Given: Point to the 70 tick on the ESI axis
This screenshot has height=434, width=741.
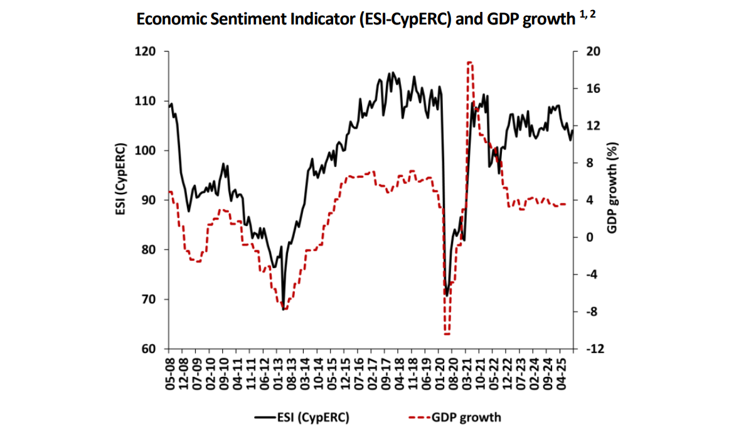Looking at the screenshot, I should pyautogui.click(x=151, y=300).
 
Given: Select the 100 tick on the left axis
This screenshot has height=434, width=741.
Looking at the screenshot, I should pyautogui.click(x=148, y=151).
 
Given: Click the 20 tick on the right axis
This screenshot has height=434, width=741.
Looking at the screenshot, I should pyautogui.click(x=591, y=52).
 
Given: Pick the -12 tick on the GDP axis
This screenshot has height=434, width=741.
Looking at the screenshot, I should pyautogui.click(x=593, y=349).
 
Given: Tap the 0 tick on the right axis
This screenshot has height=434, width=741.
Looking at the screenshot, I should pyautogui.click(x=588, y=237).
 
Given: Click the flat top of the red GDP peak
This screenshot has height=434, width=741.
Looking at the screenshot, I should pyautogui.click(x=469, y=63).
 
